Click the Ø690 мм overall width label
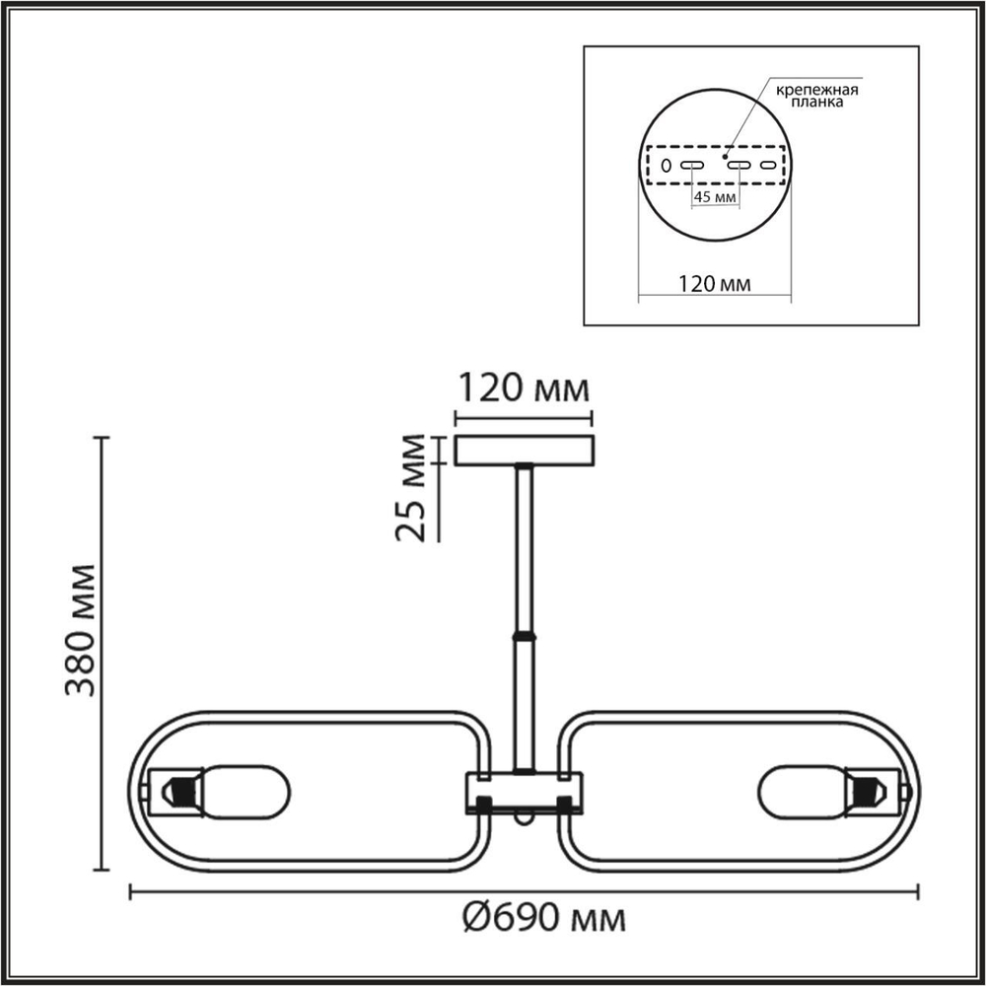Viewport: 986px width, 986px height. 544,919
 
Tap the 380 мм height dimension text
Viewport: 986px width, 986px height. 82,631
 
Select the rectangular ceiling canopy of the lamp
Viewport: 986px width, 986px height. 524,450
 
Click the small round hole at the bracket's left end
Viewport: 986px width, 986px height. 666,165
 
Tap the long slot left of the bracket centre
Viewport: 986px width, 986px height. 691,165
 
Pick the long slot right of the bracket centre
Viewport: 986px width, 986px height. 739,165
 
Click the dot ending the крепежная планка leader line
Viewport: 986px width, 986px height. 726,155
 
